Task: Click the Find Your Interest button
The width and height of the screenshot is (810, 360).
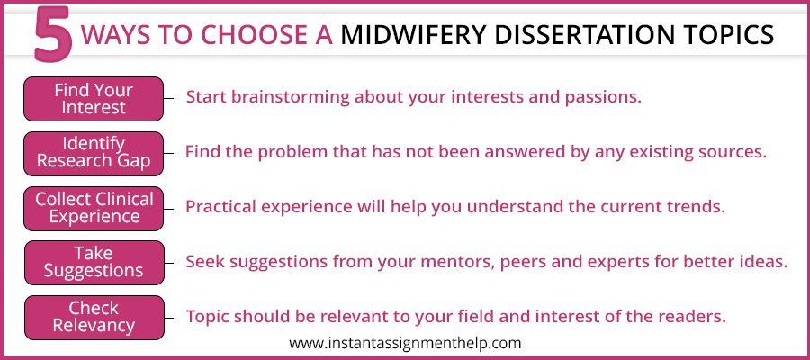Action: tap(94, 99)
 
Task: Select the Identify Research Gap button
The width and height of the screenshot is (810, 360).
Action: tap(94, 153)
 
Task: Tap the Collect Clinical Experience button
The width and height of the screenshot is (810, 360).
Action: tap(94, 208)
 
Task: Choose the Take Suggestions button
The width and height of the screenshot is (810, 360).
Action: tap(94, 263)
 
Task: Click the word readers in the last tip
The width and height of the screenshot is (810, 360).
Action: tap(693, 317)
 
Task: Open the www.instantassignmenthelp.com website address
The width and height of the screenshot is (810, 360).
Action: tap(405, 344)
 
